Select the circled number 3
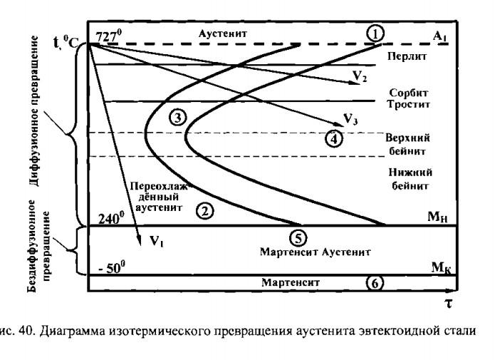pos(178,118)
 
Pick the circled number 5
pos(297,237)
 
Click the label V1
pos(157,240)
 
